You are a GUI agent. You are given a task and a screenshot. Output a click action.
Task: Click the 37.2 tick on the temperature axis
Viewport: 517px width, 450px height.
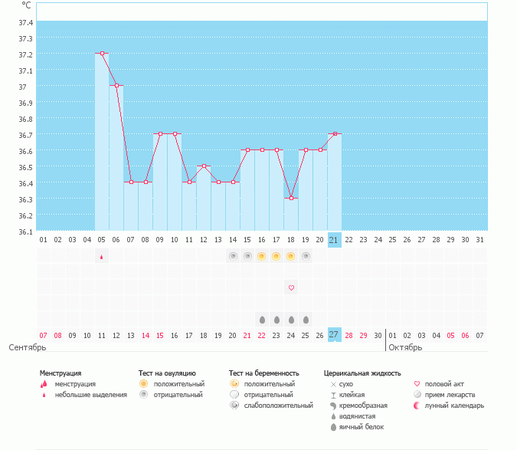tap(26, 54)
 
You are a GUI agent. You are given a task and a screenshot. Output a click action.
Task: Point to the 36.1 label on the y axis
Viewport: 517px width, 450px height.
tap(26, 232)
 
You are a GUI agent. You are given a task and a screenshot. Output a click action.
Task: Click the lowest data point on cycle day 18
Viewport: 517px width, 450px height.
tap(291, 199)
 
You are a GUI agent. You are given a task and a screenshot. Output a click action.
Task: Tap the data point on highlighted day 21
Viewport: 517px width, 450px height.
tap(335, 134)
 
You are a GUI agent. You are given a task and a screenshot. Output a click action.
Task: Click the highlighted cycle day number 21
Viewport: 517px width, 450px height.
tap(334, 240)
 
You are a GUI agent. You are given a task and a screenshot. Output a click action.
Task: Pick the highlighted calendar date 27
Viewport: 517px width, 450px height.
tap(334, 335)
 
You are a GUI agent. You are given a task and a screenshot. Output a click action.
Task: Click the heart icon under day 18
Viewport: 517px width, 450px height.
tap(291, 287)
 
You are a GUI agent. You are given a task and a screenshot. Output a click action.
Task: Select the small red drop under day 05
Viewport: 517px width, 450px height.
tap(101, 258)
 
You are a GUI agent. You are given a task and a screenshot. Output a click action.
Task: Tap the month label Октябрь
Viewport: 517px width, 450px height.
tap(405, 347)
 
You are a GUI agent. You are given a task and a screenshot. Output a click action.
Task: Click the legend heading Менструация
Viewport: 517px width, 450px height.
tap(61, 373)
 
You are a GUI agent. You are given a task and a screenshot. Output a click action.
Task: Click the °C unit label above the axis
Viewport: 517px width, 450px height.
tap(26, 5)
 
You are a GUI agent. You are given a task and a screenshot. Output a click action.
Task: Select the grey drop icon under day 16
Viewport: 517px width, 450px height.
tap(262, 319)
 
